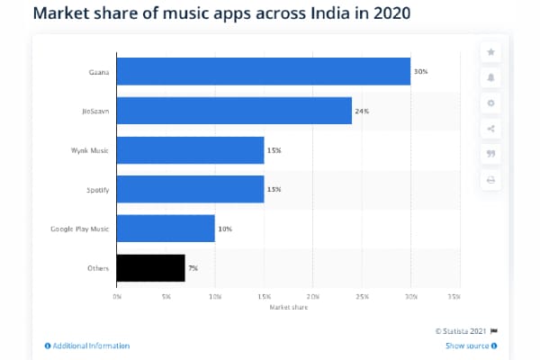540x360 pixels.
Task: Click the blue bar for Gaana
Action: pos(264,71)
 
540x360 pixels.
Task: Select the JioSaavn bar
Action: pos(234,111)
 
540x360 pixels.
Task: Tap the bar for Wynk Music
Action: pos(191,149)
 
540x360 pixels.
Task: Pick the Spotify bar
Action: pos(191,189)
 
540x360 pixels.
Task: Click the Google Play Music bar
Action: pos(166,229)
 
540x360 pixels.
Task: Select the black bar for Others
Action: pos(151,267)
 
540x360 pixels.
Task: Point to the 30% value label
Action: pos(419,71)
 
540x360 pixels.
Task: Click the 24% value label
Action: pos(361,111)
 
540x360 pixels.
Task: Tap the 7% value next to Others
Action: pos(193,267)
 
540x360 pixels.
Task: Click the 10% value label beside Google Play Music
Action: pos(224,229)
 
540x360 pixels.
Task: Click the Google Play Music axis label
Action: pos(80,229)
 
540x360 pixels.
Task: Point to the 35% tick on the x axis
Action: pos(459,296)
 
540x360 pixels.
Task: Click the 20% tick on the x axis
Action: pos(312,296)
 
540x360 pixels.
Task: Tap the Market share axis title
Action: pos(288,307)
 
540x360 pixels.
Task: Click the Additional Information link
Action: pos(87,346)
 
